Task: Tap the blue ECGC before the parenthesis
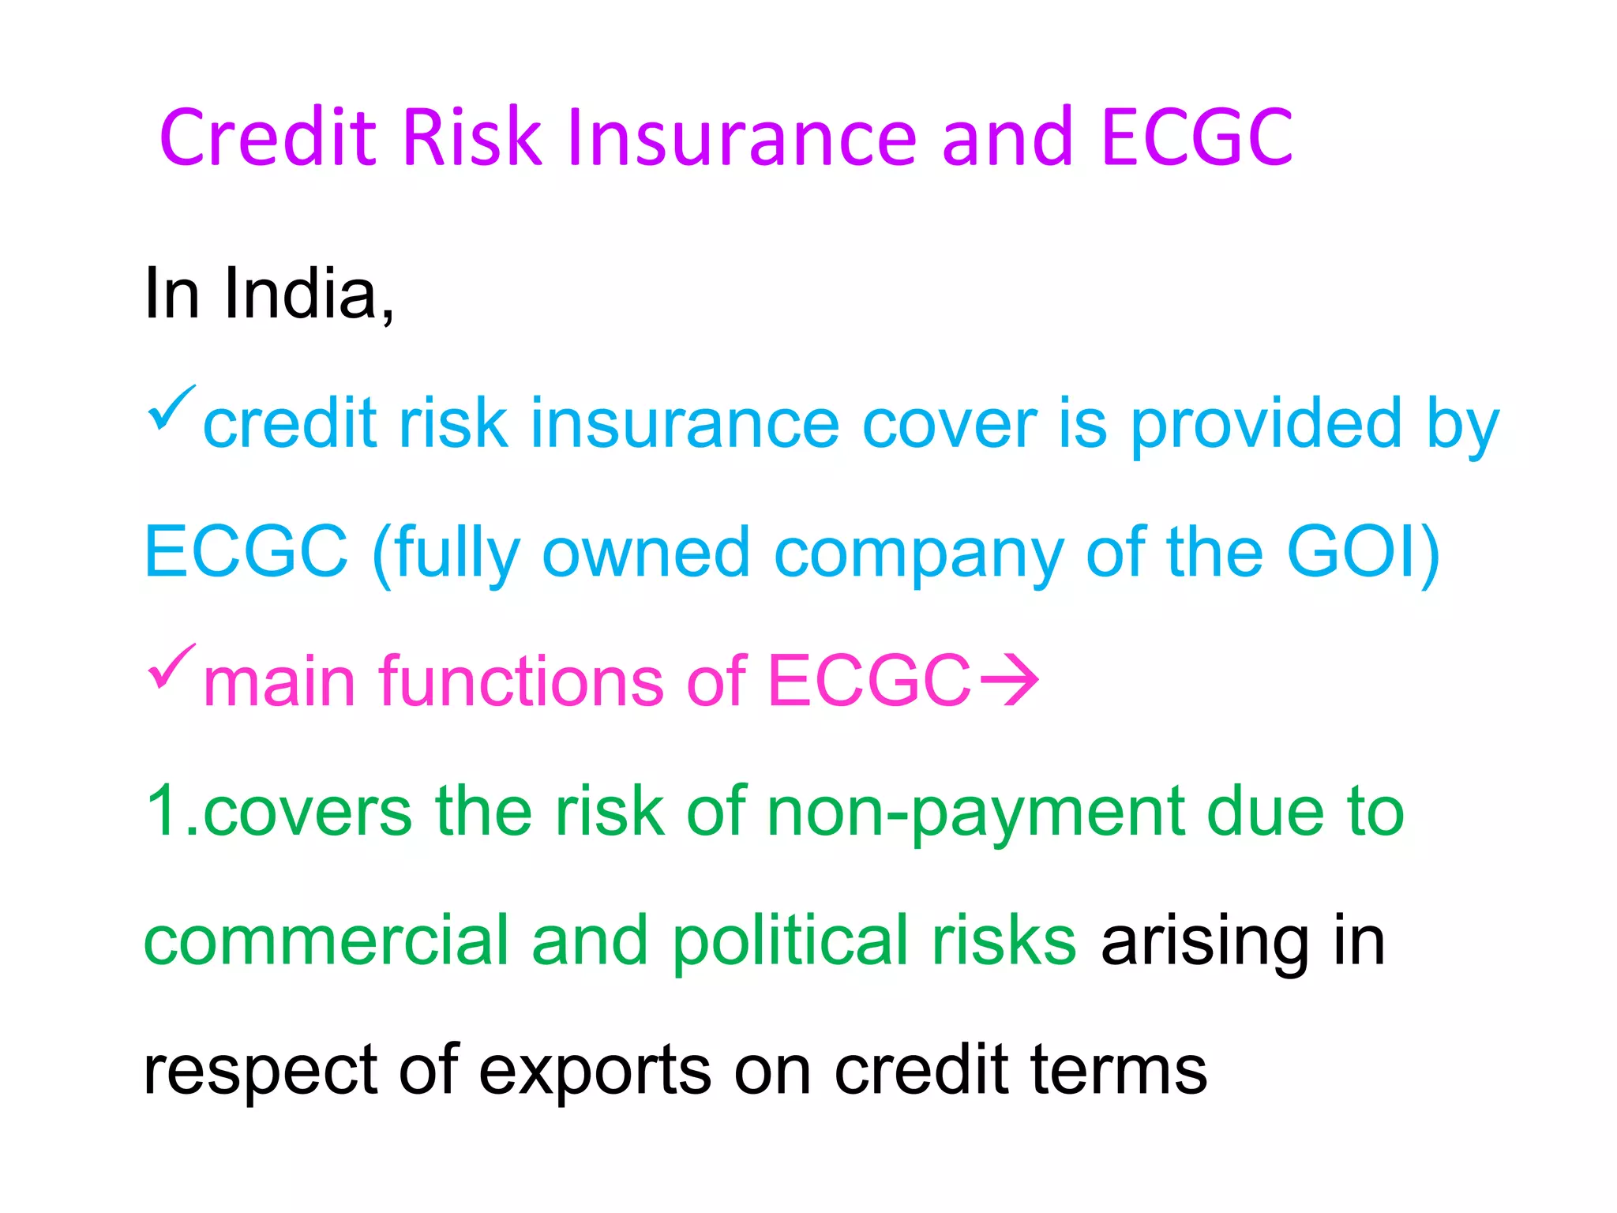[x=246, y=552]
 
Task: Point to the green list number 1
[x=163, y=810]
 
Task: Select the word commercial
[x=325, y=940]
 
